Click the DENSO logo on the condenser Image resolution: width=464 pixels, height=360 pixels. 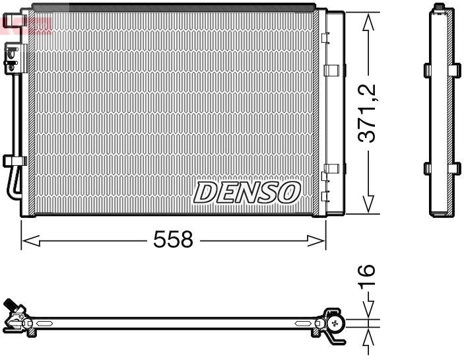(247, 192)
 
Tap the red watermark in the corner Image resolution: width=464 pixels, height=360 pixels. (26, 25)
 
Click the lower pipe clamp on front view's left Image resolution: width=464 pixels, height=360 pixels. (14, 161)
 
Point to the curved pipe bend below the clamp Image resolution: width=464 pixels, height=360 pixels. (11, 188)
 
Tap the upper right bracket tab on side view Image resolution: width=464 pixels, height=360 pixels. (455, 70)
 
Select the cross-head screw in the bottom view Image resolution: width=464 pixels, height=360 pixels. (337, 323)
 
